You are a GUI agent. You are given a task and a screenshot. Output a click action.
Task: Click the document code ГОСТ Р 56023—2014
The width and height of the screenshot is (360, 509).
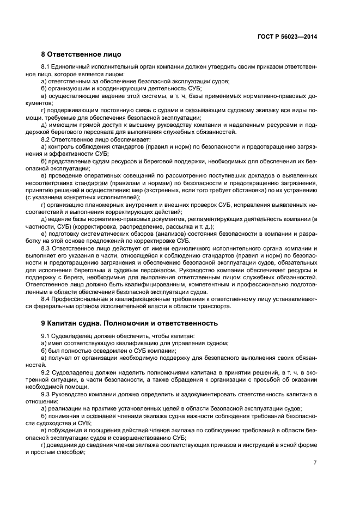(x=287, y=36)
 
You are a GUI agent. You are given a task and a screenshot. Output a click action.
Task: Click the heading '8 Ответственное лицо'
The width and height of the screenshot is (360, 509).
(x=81, y=54)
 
